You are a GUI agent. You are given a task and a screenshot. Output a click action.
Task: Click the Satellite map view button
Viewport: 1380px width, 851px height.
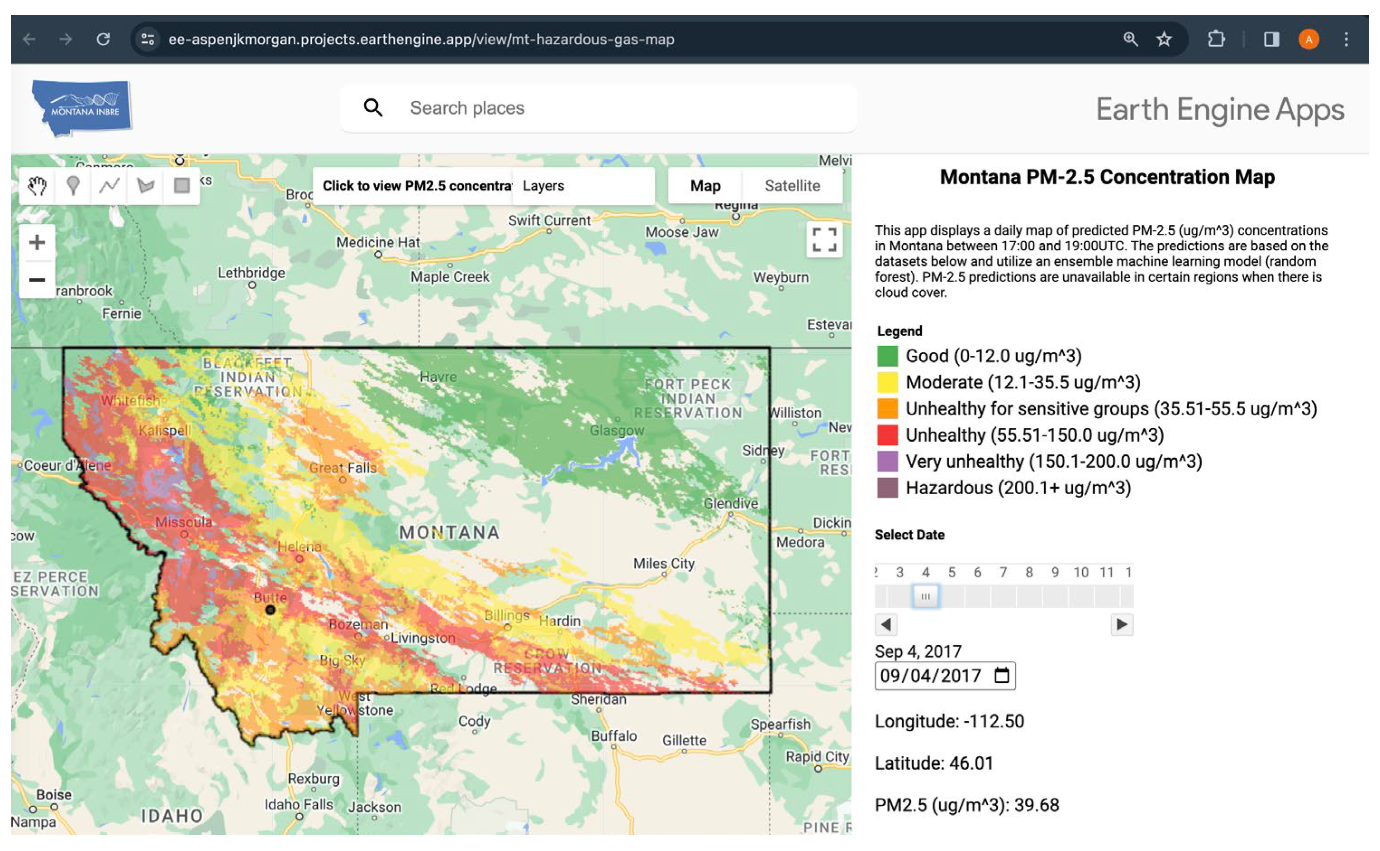click(792, 186)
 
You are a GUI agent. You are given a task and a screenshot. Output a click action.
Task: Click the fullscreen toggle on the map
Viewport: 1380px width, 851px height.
click(824, 240)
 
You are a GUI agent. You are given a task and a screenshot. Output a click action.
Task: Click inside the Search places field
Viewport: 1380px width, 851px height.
click(619, 108)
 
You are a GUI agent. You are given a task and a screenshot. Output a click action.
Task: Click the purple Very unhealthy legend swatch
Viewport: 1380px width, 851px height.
click(887, 462)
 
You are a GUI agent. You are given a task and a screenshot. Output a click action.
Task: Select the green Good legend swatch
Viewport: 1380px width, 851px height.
click(887, 356)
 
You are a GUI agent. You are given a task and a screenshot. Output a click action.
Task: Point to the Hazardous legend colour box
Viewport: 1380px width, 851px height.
click(887, 488)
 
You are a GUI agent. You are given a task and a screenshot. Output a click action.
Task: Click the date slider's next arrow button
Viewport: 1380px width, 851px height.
click(1121, 624)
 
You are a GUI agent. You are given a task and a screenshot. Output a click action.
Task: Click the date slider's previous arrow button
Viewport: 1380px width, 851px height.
click(885, 624)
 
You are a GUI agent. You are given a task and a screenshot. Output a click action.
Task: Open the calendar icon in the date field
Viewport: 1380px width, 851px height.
click(1001, 676)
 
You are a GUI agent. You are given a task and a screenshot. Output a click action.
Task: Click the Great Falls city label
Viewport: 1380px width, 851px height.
click(343, 468)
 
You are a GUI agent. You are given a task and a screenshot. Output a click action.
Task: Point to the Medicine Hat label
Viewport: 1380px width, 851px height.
click(378, 242)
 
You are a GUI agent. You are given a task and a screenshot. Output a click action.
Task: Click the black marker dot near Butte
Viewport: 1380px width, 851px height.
click(270, 610)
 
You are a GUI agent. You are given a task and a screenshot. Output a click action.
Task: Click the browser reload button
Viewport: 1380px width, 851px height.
click(103, 39)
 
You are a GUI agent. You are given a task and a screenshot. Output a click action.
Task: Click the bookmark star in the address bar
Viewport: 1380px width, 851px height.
click(1163, 39)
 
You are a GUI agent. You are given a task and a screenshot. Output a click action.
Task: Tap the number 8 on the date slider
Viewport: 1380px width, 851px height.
click(1029, 572)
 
